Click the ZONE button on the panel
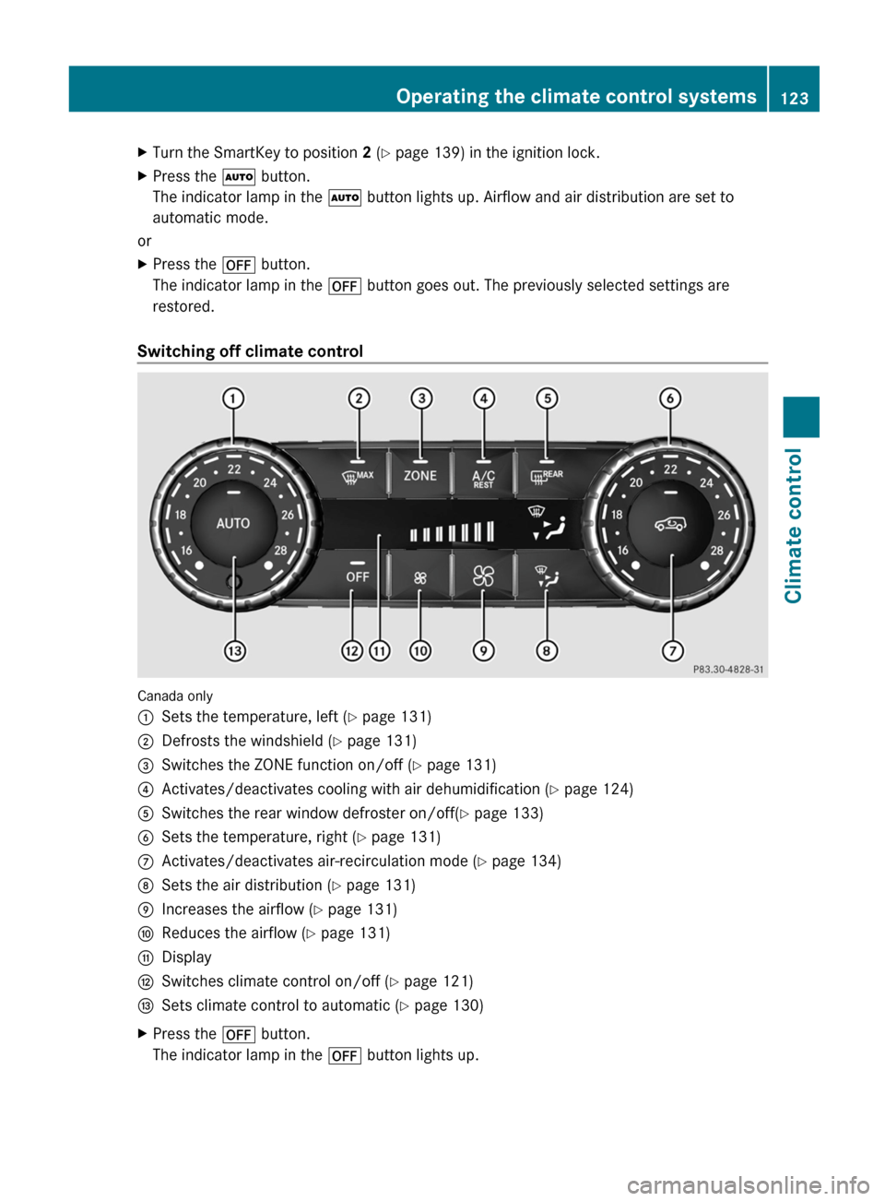point(420,476)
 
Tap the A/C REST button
point(483,478)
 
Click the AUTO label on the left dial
point(233,523)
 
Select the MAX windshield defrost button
point(358,476)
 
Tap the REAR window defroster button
point(547,476)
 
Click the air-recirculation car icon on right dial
point(670,524)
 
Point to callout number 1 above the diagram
point(233,398)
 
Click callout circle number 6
point(670,398)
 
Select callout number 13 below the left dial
point(235,651)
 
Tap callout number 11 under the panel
point(379,651)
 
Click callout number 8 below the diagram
point(547,651)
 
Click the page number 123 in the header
point(795,98)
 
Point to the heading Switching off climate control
point(250,351)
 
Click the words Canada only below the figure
point(175,696)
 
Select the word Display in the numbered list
point(186,957)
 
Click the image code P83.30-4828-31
point(728,670)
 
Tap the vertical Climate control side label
point(794,526)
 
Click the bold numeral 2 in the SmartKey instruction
point(367,153)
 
